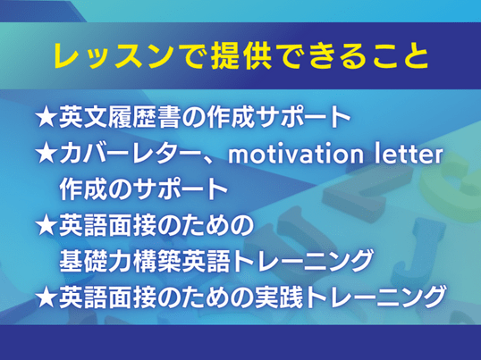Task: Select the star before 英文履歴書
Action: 46,117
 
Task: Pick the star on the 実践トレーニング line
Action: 46,297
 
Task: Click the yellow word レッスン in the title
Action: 113,56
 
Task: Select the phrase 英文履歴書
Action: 119,117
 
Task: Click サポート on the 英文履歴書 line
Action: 304,117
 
